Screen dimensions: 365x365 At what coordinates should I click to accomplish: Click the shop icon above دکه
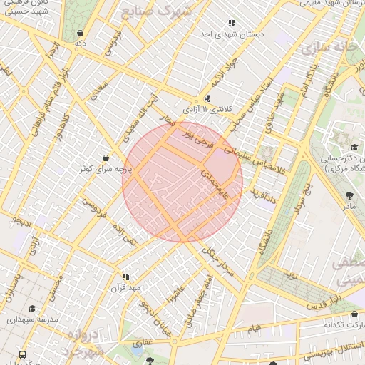point(81,33)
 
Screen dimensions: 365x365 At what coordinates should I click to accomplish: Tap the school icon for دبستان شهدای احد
point(231,24)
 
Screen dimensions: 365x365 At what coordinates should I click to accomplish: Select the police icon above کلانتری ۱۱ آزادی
point(207,99)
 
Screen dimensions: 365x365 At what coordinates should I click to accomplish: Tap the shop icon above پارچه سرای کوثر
point(106,158)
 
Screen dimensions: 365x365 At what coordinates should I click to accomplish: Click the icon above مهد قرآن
point(125,277)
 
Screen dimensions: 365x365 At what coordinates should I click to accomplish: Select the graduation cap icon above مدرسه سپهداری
point(32,309)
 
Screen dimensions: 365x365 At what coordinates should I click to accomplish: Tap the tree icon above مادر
point(349,195)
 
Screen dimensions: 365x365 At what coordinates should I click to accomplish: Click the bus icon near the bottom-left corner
point(22,354)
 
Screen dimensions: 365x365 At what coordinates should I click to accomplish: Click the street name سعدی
point(100,89)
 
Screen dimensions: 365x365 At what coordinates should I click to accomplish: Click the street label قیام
point(254,329)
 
